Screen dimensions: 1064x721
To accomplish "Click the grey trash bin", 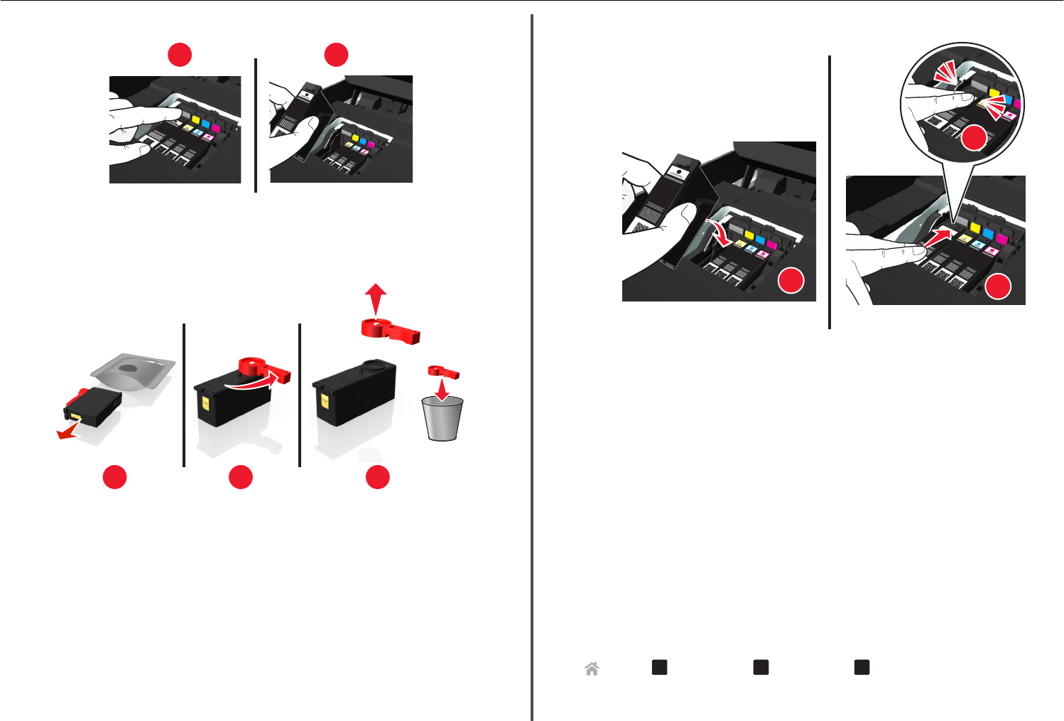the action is (x=442, y=419).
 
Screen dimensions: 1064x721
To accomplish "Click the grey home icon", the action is (x=592, y=668).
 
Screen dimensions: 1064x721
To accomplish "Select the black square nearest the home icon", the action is (x=659, y=667).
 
